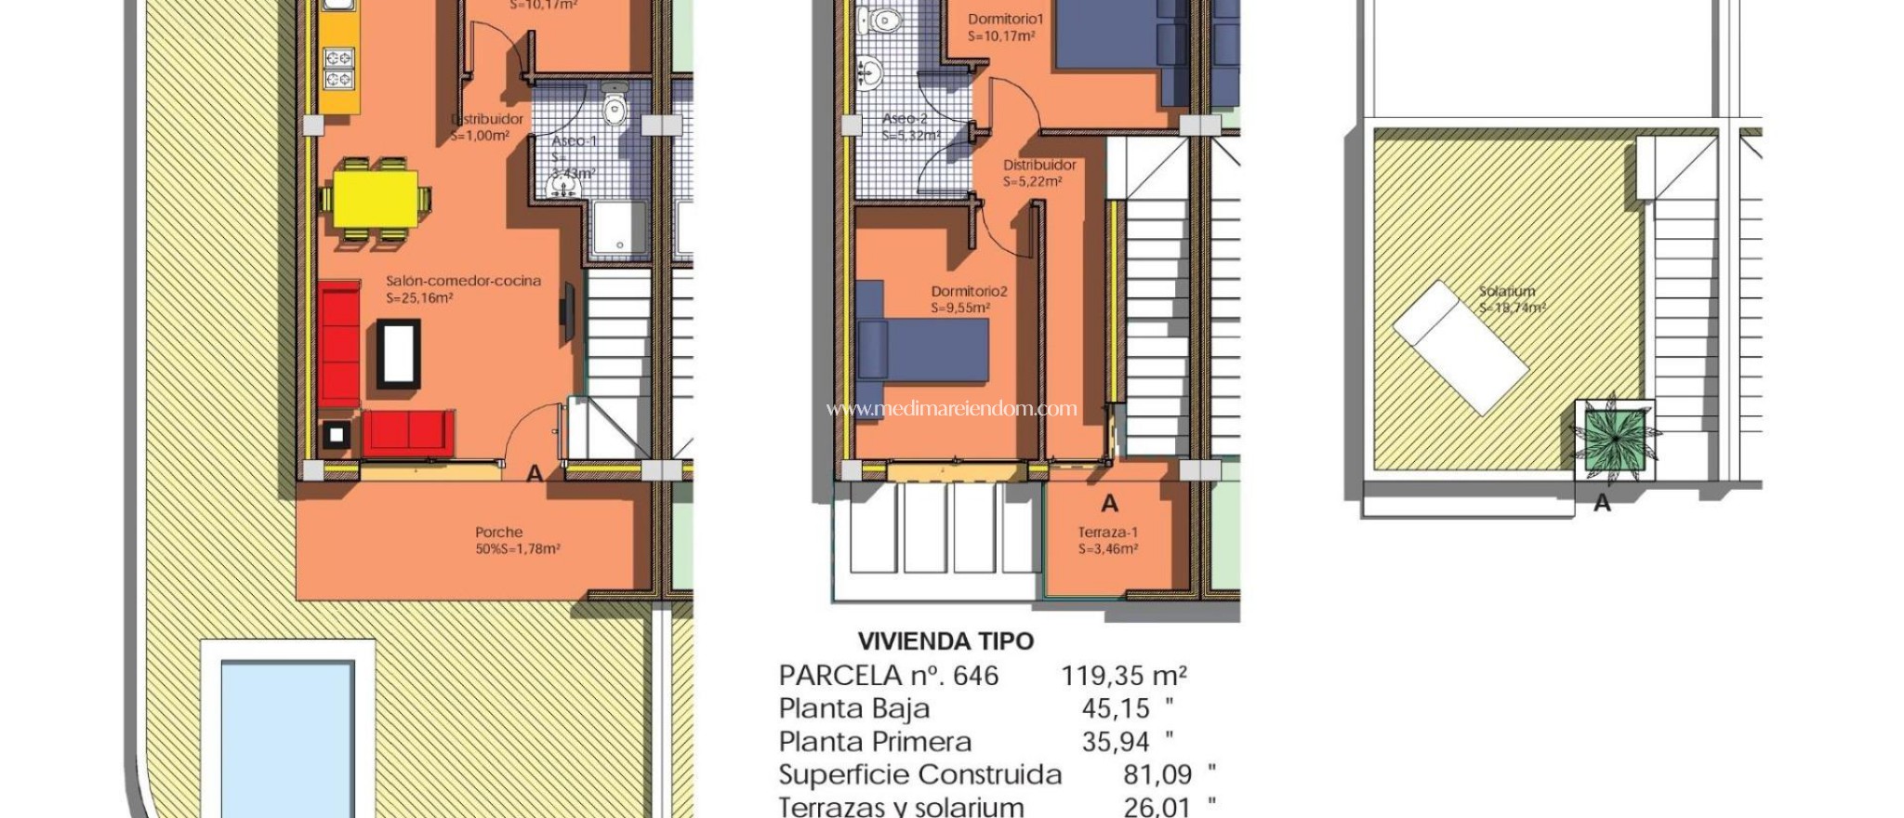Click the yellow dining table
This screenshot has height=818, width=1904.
(x=375, y=198)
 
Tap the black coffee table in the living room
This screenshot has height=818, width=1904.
(x=398, y=353)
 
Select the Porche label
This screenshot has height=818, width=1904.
(x=499, y=533)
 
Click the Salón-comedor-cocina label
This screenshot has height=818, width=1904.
(x=463, y=281)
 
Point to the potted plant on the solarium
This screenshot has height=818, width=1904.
(x=1615, y=439)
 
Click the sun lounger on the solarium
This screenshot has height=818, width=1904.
(x=1460, y=348)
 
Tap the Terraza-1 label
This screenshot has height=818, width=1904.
(x=1107, y=533)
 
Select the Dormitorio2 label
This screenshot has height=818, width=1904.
(x=969, y=291)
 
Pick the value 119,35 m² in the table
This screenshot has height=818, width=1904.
(x=1124, y=676)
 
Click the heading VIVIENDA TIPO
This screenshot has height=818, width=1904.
(x=945, y=641)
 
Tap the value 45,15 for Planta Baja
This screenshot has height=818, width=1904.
(x=1117, y=709)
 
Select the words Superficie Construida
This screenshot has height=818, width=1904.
(x=919, y=775)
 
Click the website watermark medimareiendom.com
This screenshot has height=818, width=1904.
(x=951, y=408)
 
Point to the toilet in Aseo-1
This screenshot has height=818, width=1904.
(x=615, y=107)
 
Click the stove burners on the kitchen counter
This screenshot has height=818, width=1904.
(x=337, y=67)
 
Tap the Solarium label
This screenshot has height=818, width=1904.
(x=1507, y=291)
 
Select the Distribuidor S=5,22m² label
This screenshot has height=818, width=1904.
(x=1039, y=173)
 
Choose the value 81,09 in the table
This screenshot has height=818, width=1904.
(x=1157, y=775)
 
